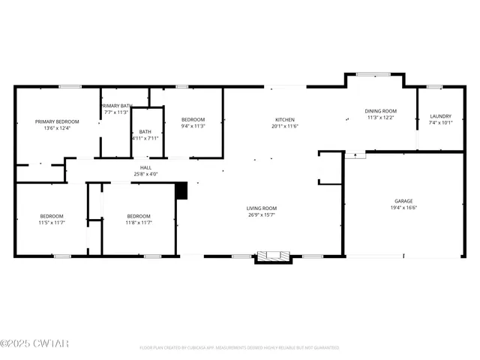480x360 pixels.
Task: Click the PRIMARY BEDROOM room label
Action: pyautogui.click(x=57, y=121)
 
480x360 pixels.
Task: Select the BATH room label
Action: pyautogui.click(x=145, y=132)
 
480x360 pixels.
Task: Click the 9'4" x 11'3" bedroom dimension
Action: pyautogui.click(x=193, y=127)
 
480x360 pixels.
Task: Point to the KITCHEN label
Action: pyautogui.click(x=284, y=120)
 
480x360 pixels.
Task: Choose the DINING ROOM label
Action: pyautogui.click(x=379, y=110)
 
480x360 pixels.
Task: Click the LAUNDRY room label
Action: pyautogui.click(x=440, y=116)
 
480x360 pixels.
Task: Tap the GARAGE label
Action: pyautogui.click(x=403, y=201)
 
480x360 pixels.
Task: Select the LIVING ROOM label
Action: pyautogui.click(x=262, y=208)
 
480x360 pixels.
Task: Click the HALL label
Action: pyautogui.click(x=145, y=167)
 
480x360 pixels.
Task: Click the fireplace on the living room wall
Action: pyautogui.click(x=273, y=257)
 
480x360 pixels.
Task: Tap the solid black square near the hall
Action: pyautogui.click(x=180, y=191)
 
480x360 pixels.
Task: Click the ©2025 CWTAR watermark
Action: pyautogui.click(x=34, y=344)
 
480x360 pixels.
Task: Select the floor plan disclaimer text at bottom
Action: pyautogui.click(x=239, y=348)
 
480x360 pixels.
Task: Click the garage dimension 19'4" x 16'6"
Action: pyautogui.click(x=403, y=208)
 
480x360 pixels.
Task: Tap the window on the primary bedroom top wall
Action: pyautogui.click(x=70, y=87)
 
